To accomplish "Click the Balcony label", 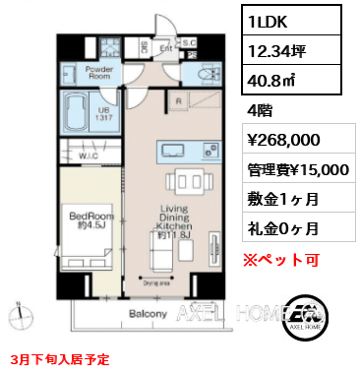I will click(148, 314).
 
